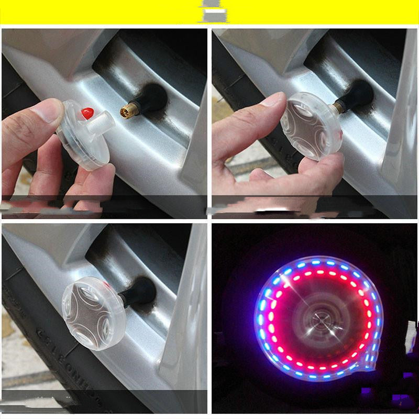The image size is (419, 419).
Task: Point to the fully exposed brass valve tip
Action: pos(128,110)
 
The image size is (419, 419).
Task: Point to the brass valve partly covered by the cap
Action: pos(338,107)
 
